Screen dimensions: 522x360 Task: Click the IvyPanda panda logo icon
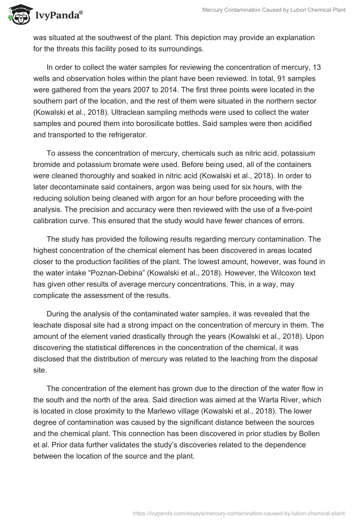(x=18, y=15)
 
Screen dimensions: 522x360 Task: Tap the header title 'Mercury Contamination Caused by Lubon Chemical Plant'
(x=274, y=10)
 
